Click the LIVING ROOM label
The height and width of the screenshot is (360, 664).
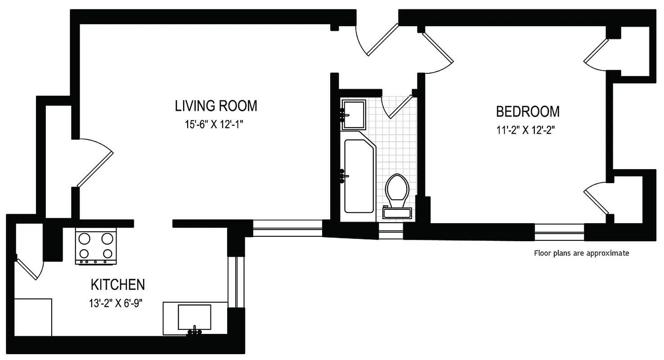pyautogui.click(x=216, y=106)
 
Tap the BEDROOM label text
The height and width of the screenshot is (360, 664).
pyautogui.click(x=528, y=111)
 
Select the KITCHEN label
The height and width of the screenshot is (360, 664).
pyautogui.click(x=118, y=285)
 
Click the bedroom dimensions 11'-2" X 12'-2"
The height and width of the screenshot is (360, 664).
pyautogui.click(x=525, y=130)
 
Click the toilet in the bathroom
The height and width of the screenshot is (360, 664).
pyautogui.click(x=397, y=189)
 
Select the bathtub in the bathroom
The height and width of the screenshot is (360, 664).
pyautogui.click(x=359, y=175)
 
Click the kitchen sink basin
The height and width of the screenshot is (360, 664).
pyautogui.click(x=194, y=317)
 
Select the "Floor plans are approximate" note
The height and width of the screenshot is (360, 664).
pyautogui.click(x=581, y=253)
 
